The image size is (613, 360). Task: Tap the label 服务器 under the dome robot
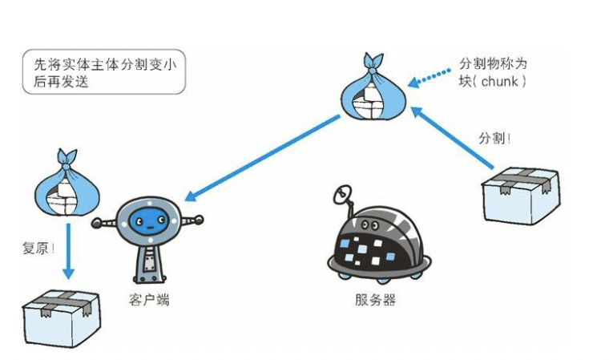coord(375,301)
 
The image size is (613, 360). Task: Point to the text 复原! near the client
coord(38,248)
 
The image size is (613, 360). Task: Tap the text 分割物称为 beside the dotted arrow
coord(492,63)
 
